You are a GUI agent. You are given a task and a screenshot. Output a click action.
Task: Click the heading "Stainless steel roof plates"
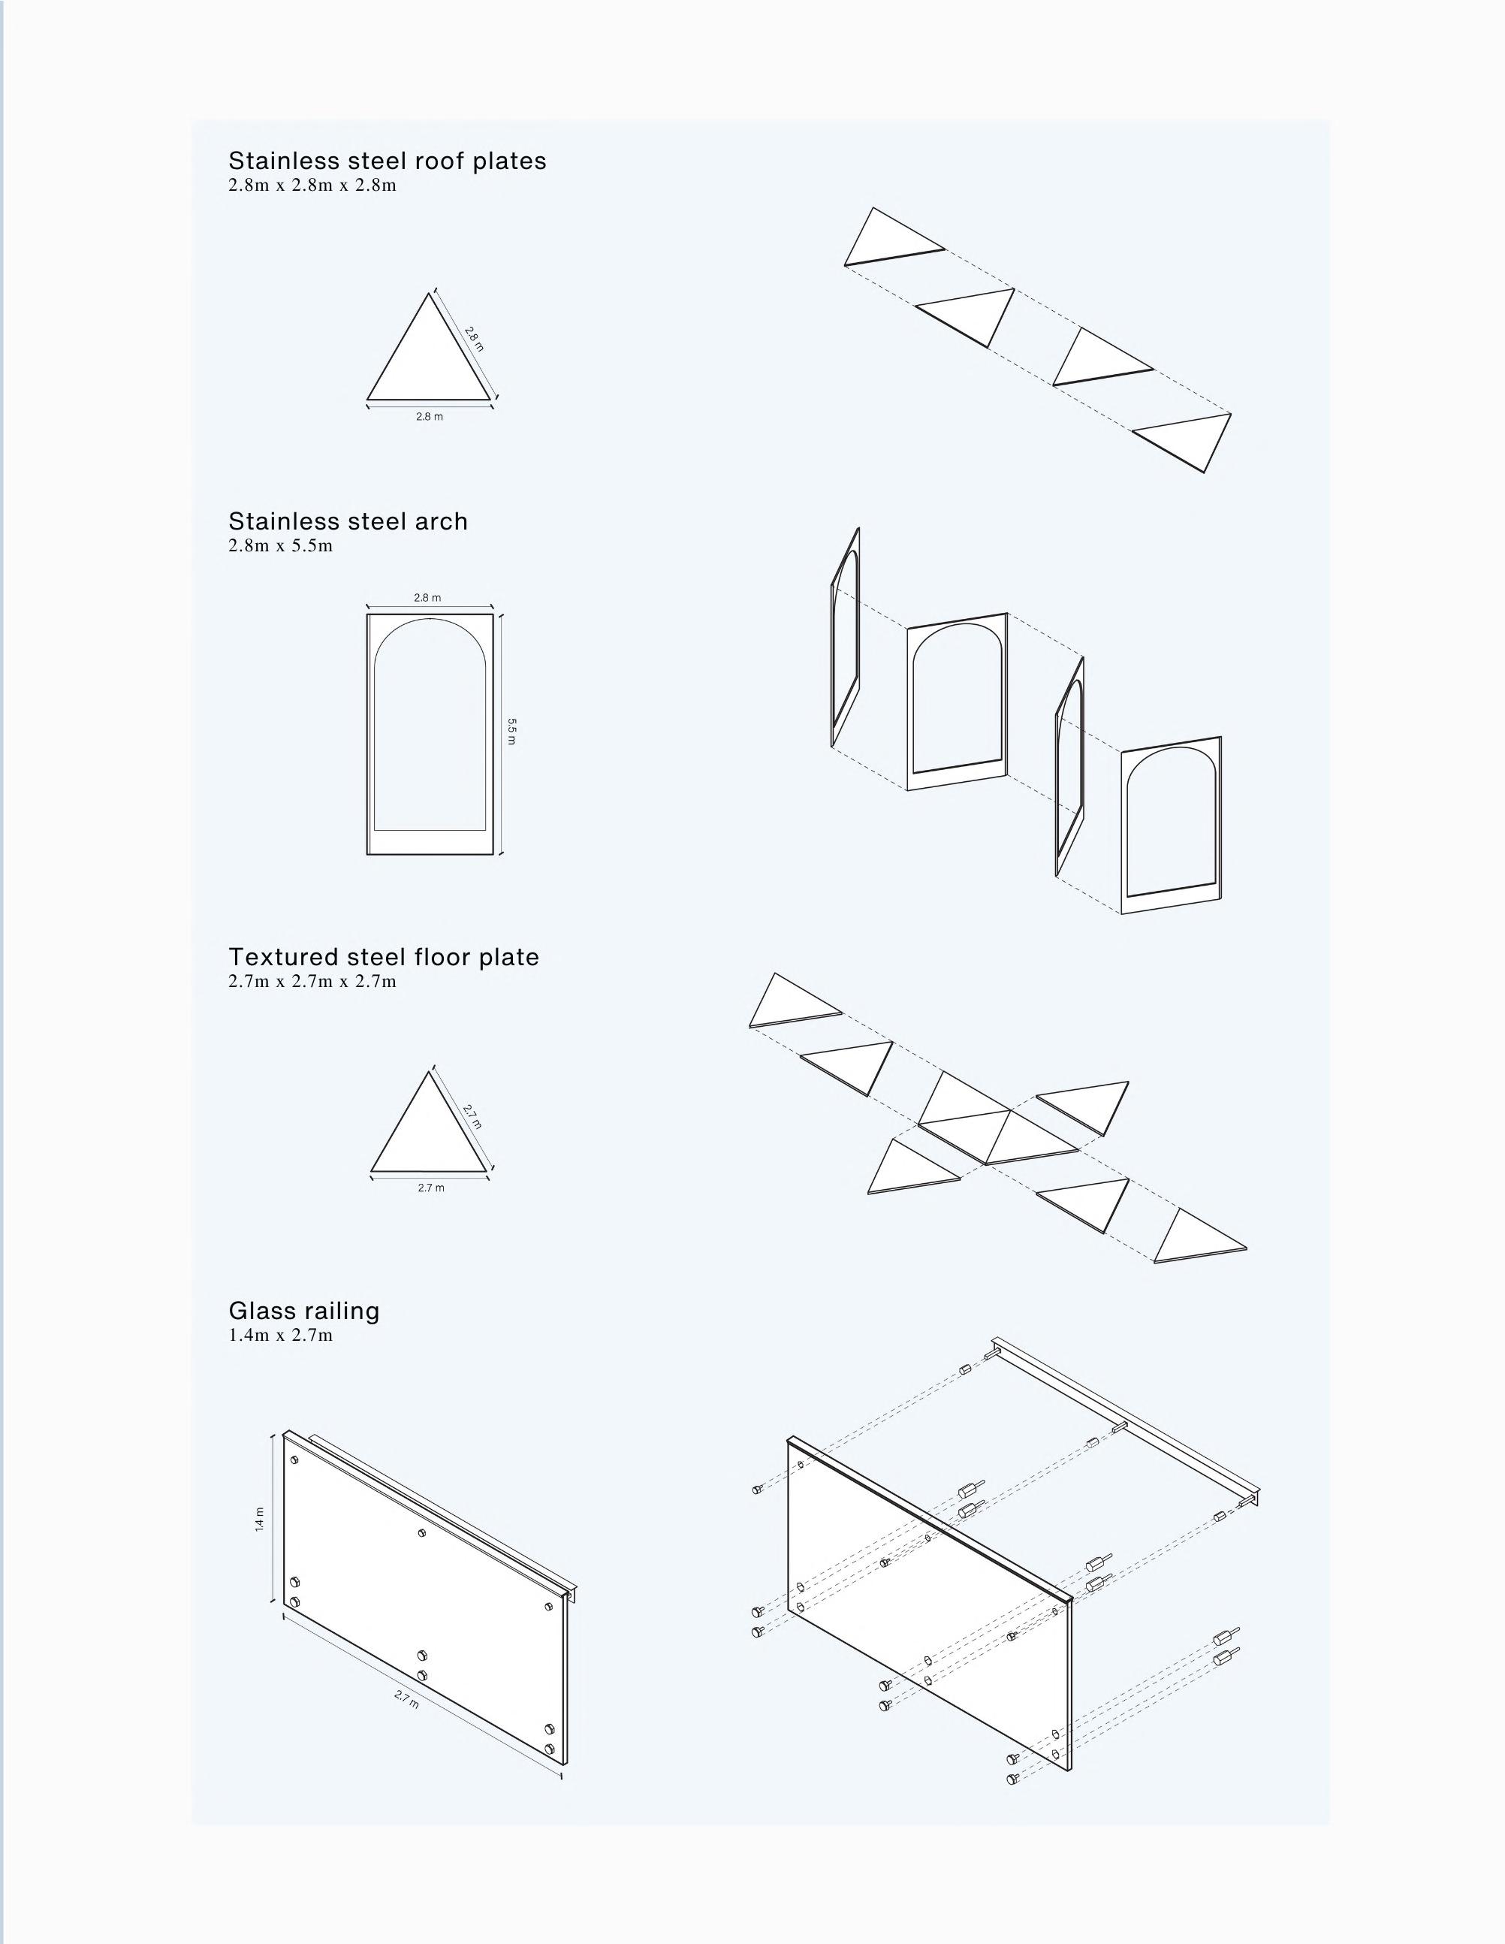point(388,161)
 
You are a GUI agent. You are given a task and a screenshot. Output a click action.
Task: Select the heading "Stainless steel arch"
point(348,521)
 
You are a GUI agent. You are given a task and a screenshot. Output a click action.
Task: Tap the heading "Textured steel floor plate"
point(384,957)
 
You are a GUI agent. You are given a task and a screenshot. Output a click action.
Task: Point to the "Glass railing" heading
point(303,1310)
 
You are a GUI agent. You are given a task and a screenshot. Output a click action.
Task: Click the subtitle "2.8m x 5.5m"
point(280,545)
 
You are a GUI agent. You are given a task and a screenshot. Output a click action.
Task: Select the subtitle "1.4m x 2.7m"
point(280,1334)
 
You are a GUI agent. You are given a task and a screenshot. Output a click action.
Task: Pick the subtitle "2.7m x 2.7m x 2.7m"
point(312,981)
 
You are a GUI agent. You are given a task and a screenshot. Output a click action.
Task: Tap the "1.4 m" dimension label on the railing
point(260,1519)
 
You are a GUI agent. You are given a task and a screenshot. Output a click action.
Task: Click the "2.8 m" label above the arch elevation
point(427,598)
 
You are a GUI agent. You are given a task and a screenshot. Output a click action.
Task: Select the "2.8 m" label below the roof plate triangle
point(429,417)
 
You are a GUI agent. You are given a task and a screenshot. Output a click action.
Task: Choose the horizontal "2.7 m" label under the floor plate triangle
point(431,1188)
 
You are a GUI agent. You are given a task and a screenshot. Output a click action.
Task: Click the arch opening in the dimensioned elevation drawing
point(430,730)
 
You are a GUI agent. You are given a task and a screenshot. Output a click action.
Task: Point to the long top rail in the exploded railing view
point(1126,1420)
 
